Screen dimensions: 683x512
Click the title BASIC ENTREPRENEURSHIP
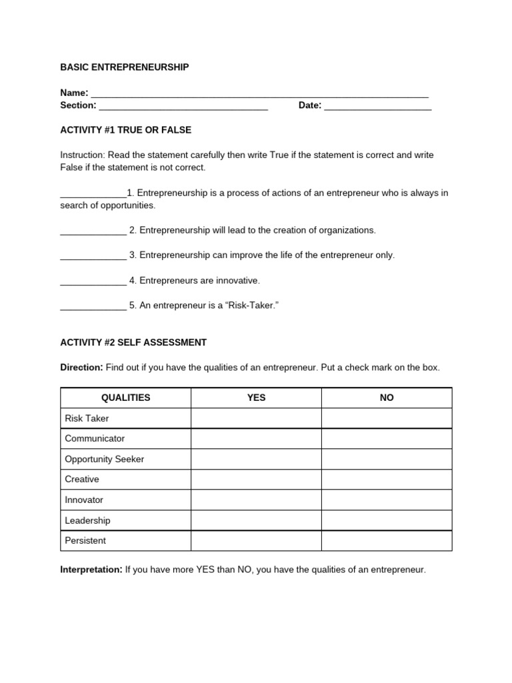125,67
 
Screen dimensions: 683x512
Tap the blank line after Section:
183,107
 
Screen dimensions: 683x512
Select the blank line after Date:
378,107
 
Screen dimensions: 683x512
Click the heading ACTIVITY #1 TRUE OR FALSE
125,130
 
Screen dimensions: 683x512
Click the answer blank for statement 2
93,231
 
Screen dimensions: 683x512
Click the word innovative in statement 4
237,281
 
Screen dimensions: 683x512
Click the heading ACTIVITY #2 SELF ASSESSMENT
133,342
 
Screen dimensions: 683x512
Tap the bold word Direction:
81,368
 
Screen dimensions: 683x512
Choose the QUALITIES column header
125,398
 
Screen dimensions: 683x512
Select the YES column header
256,398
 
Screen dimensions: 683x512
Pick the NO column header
387,398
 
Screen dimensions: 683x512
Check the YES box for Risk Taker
256,418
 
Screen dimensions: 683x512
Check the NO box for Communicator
387,439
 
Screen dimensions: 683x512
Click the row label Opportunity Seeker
104,459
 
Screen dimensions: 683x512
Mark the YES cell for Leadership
256,520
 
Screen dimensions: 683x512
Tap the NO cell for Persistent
387,541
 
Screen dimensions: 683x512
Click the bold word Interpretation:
91,570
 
